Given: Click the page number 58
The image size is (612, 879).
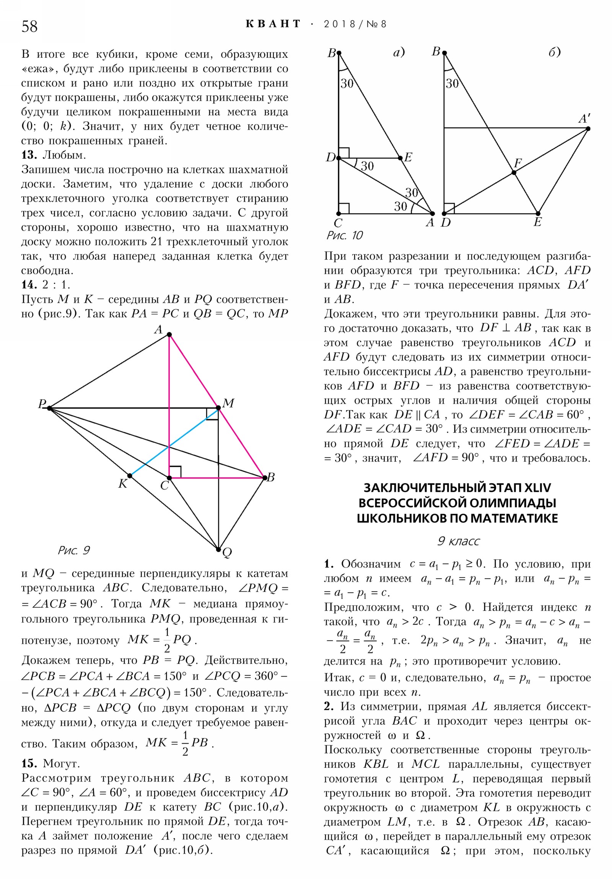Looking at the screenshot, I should (x=29, y=26).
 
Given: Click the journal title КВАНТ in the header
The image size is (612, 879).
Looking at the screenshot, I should (x=273, y=24).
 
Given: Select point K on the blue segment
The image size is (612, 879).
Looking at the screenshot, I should (x=130, y=476).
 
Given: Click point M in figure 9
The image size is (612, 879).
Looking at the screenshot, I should (x=218, y=408).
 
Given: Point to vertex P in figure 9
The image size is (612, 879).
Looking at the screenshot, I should (x=50, y=408).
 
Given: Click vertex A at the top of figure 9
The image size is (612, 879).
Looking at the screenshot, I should (x=169, y=335).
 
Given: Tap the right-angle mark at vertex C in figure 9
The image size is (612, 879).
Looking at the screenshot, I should (x=175, y=472).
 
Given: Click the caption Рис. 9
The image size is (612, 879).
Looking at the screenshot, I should (x=73, y=551).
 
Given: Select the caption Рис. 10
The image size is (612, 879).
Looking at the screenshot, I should (x=344, y=235).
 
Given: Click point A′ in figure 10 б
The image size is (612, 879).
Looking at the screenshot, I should (x=588, y=129).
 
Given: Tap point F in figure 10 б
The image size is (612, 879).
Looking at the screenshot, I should (x=514, y=173).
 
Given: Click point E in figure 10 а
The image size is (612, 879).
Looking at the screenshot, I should (x=400, y=158).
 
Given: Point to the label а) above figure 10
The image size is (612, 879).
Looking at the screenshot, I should (x=399, y=52).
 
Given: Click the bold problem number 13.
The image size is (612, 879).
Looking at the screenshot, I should (x=29, y=155).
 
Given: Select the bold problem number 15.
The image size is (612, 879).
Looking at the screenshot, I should (x=29, y=763).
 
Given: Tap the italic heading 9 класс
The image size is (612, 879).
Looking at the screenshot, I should (x=458, y=541).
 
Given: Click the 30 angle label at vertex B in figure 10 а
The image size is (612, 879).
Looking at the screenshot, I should (x=347, y=83).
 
